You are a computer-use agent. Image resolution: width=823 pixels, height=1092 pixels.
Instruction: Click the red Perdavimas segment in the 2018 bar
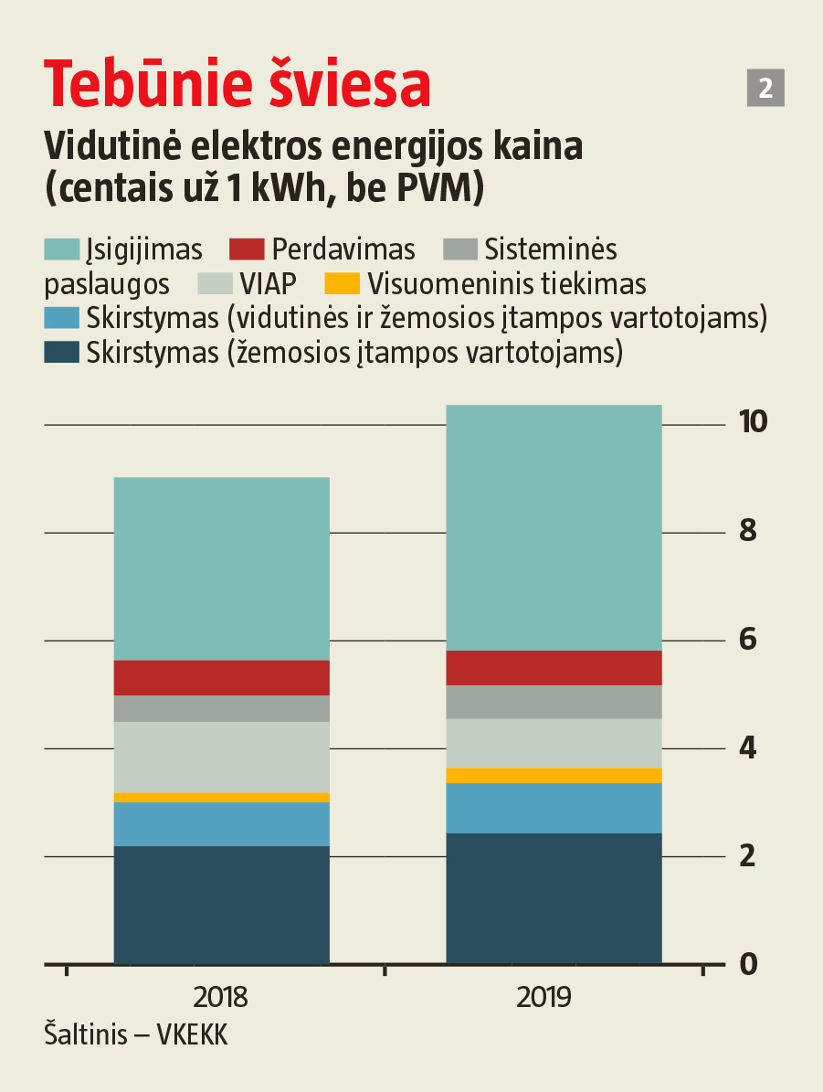point(221,678)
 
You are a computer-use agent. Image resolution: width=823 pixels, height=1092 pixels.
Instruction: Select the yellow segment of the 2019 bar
point(554,776)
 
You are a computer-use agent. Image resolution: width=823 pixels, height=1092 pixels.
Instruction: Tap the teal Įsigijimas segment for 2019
point(554,527)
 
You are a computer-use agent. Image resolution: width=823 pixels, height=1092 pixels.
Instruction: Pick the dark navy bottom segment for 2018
point(221,905)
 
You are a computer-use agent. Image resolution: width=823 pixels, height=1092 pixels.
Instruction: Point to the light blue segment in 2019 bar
point(554,808)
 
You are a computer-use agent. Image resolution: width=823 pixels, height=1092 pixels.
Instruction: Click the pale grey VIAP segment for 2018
point(221,757)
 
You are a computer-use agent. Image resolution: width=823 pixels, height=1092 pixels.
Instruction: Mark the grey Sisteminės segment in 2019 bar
point(554,702)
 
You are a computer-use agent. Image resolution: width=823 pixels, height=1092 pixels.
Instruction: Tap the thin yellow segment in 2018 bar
point(221,798)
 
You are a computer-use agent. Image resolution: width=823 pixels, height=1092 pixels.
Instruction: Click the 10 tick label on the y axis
point(754,422)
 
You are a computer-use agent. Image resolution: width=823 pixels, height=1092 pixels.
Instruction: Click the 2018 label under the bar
point(221,996)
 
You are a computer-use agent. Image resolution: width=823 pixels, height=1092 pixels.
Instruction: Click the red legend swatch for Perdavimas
point(247,249)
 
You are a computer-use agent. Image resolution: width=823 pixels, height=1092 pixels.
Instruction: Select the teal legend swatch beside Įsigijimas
point(62,249)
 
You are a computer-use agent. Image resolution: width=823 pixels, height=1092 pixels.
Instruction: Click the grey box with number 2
point(765,88)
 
